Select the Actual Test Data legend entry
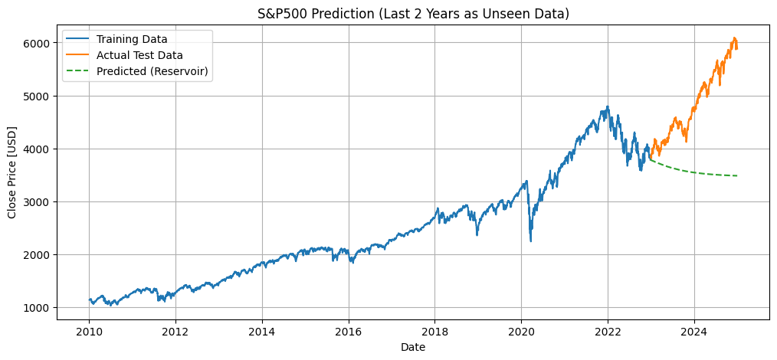click(x=139, y=55)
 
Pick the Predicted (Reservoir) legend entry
click(x=152, y=72)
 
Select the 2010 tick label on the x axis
click(x=89, y=333)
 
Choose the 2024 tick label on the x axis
click(x=694, y=333)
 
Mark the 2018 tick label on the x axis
click(x=434, y=333)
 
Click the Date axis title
click(x=413, y=347)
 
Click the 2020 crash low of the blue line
click(x=530, y=241)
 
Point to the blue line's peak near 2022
click(x=608, y=107)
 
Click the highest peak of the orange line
click(x=734, y=38)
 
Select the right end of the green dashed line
click(x=737, y=175)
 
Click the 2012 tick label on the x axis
click(x=175, y=333)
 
